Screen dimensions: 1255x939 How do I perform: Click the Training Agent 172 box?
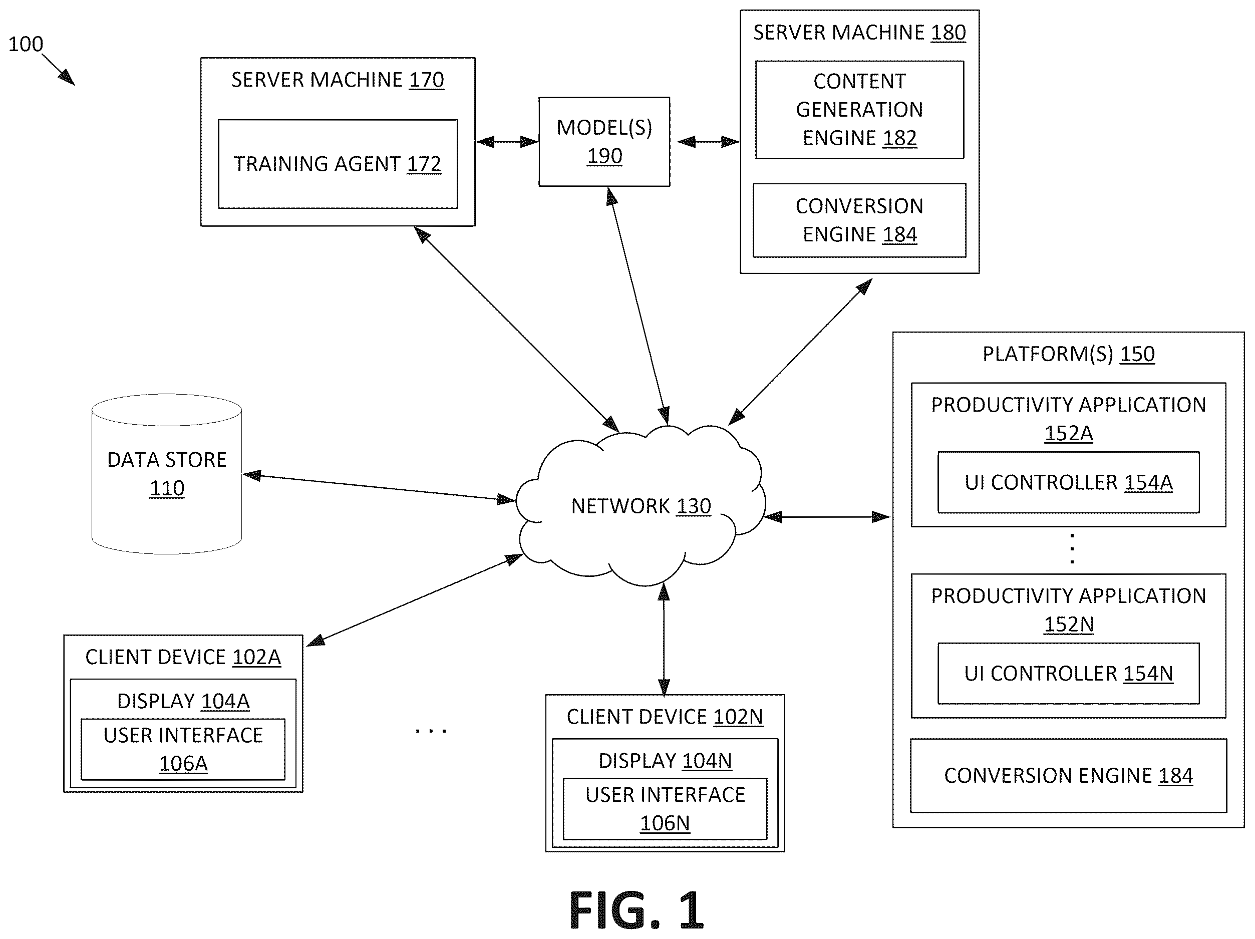[338, 163]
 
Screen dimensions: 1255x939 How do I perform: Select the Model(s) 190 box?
[604, 142]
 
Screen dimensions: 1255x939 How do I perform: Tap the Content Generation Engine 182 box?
[859, 110]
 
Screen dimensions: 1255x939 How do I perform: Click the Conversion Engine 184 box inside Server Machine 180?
[859, 220]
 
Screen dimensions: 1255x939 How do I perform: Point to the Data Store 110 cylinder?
[167, 474]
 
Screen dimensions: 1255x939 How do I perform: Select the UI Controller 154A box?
[1068, 482]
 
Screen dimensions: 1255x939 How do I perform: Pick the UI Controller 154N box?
[1068, 674]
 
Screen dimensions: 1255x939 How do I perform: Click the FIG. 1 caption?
[636, 910]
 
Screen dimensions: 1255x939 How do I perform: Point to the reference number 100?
[26, 44]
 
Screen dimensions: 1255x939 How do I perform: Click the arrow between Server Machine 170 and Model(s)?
[507, 141]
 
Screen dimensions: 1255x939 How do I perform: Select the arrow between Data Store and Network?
[379, 487]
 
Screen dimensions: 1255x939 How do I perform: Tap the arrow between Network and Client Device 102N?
[664, 640]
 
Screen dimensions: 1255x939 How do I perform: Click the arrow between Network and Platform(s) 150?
[828, 516]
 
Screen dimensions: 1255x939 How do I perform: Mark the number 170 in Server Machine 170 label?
[427, 80]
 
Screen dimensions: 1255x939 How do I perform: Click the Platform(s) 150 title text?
[1068, 354]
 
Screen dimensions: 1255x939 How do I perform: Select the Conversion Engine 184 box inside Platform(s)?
[1068, 776]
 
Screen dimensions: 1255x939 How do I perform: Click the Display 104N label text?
[665, 760]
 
